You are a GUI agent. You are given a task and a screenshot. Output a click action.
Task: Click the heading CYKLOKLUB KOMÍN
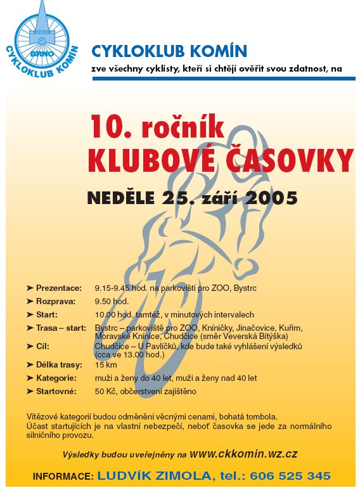(x=169, y=50)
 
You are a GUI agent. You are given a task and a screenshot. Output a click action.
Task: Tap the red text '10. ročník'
(x=157, y=126)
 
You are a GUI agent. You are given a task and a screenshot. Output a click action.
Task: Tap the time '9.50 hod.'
(x=112, y=301)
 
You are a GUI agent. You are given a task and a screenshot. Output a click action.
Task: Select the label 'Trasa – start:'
(x=60, y=328)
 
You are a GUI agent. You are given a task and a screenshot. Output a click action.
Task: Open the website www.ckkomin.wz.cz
(x=244, y=454)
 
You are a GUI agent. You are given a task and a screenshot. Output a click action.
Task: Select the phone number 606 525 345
(x=290, y=475)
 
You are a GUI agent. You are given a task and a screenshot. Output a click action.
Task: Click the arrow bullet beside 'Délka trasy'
(x=30, y=365)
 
